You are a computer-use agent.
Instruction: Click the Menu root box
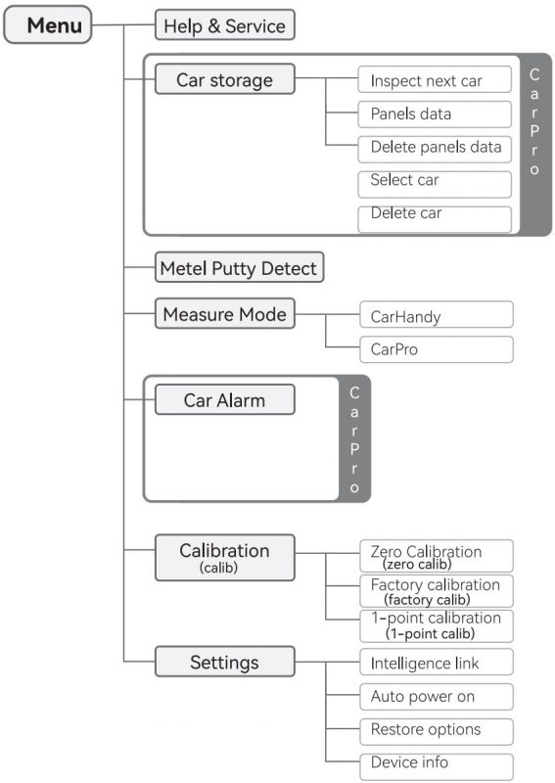pyautogui.click(x=47, y=24)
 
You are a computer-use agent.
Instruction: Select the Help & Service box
pyautogui.click(x=225, y=25)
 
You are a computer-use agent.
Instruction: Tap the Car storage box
pyautogui.click(x=225, y=79)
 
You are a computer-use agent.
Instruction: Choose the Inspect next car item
pyautogui.click(x=435, y=79)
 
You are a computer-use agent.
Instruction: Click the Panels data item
pyautogui.click(x=435, y=115)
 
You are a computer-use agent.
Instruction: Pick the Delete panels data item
pyautogui.click(x=435, y=150)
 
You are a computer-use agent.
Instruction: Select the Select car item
pyautogui.click(x=435, y=184)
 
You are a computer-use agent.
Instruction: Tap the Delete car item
pyautogui.click(x=435, y=219)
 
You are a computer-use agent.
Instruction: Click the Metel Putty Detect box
pyautogui.click(x=239, y=267)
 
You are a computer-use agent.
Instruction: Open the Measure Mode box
pyautogui.click(x=225, y=313)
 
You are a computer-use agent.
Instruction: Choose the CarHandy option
pyautogui.click(x=437, y=314)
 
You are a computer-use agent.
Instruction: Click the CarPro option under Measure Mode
pyautogui.click(x=437, y=349)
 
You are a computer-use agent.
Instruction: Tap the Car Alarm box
pyautogui.click(x=225, y=399)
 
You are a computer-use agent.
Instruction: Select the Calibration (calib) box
pyautogui.click(x=225, y=558)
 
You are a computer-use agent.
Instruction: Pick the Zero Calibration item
pyautogui.click(x=437, y=556)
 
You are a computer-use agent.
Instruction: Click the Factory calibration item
pyautogui.click(x=437, y=591)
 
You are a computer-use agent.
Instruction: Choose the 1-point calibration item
pyautogui.click(x=437, y=625)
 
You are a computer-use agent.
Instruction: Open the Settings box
pyautogui.click(x=225, y=662)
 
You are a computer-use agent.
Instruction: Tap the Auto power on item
pyautogui.click(x=437, y=697)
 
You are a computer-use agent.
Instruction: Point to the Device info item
pyautogui.click(x=437, y=766)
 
